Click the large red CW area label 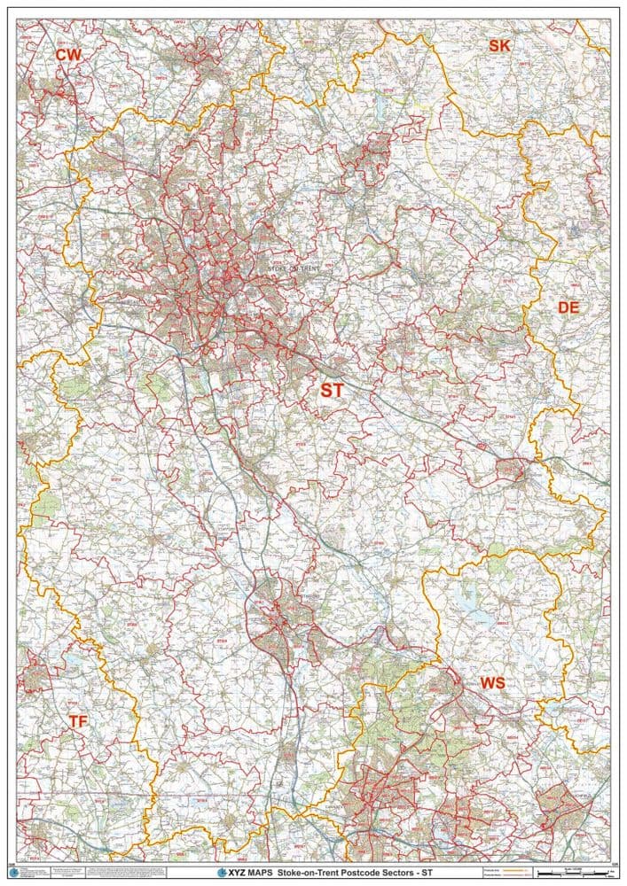[68, 55]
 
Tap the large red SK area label [499, 45]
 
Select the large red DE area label [568, 307]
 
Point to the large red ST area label [332, 390]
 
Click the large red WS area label [492, 682]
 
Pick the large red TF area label [78, 722]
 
